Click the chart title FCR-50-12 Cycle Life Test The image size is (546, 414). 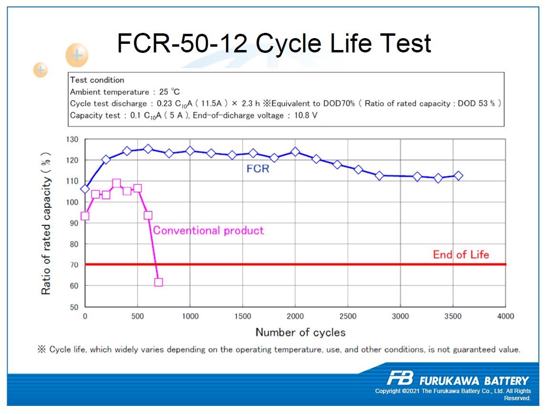[274, 43]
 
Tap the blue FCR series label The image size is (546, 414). [258, 168]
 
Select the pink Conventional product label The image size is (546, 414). [208, 231]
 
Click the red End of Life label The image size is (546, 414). [461, 254]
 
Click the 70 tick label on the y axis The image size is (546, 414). [73, 265]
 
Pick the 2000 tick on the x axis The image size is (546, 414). [295, 316]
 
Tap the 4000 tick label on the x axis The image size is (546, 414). [505, 316]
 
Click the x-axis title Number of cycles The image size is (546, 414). [300, 333]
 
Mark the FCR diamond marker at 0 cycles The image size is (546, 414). [85, 189]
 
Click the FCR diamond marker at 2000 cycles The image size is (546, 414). [295, 152]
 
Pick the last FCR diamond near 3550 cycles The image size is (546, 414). [458, 176]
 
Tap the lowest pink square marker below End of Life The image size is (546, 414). [158, 282]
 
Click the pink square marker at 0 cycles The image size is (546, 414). [85, 216]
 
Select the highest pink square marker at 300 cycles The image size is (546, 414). [116, 183]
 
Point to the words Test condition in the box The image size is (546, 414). [97, 80]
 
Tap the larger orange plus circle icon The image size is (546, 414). [77, 55]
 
